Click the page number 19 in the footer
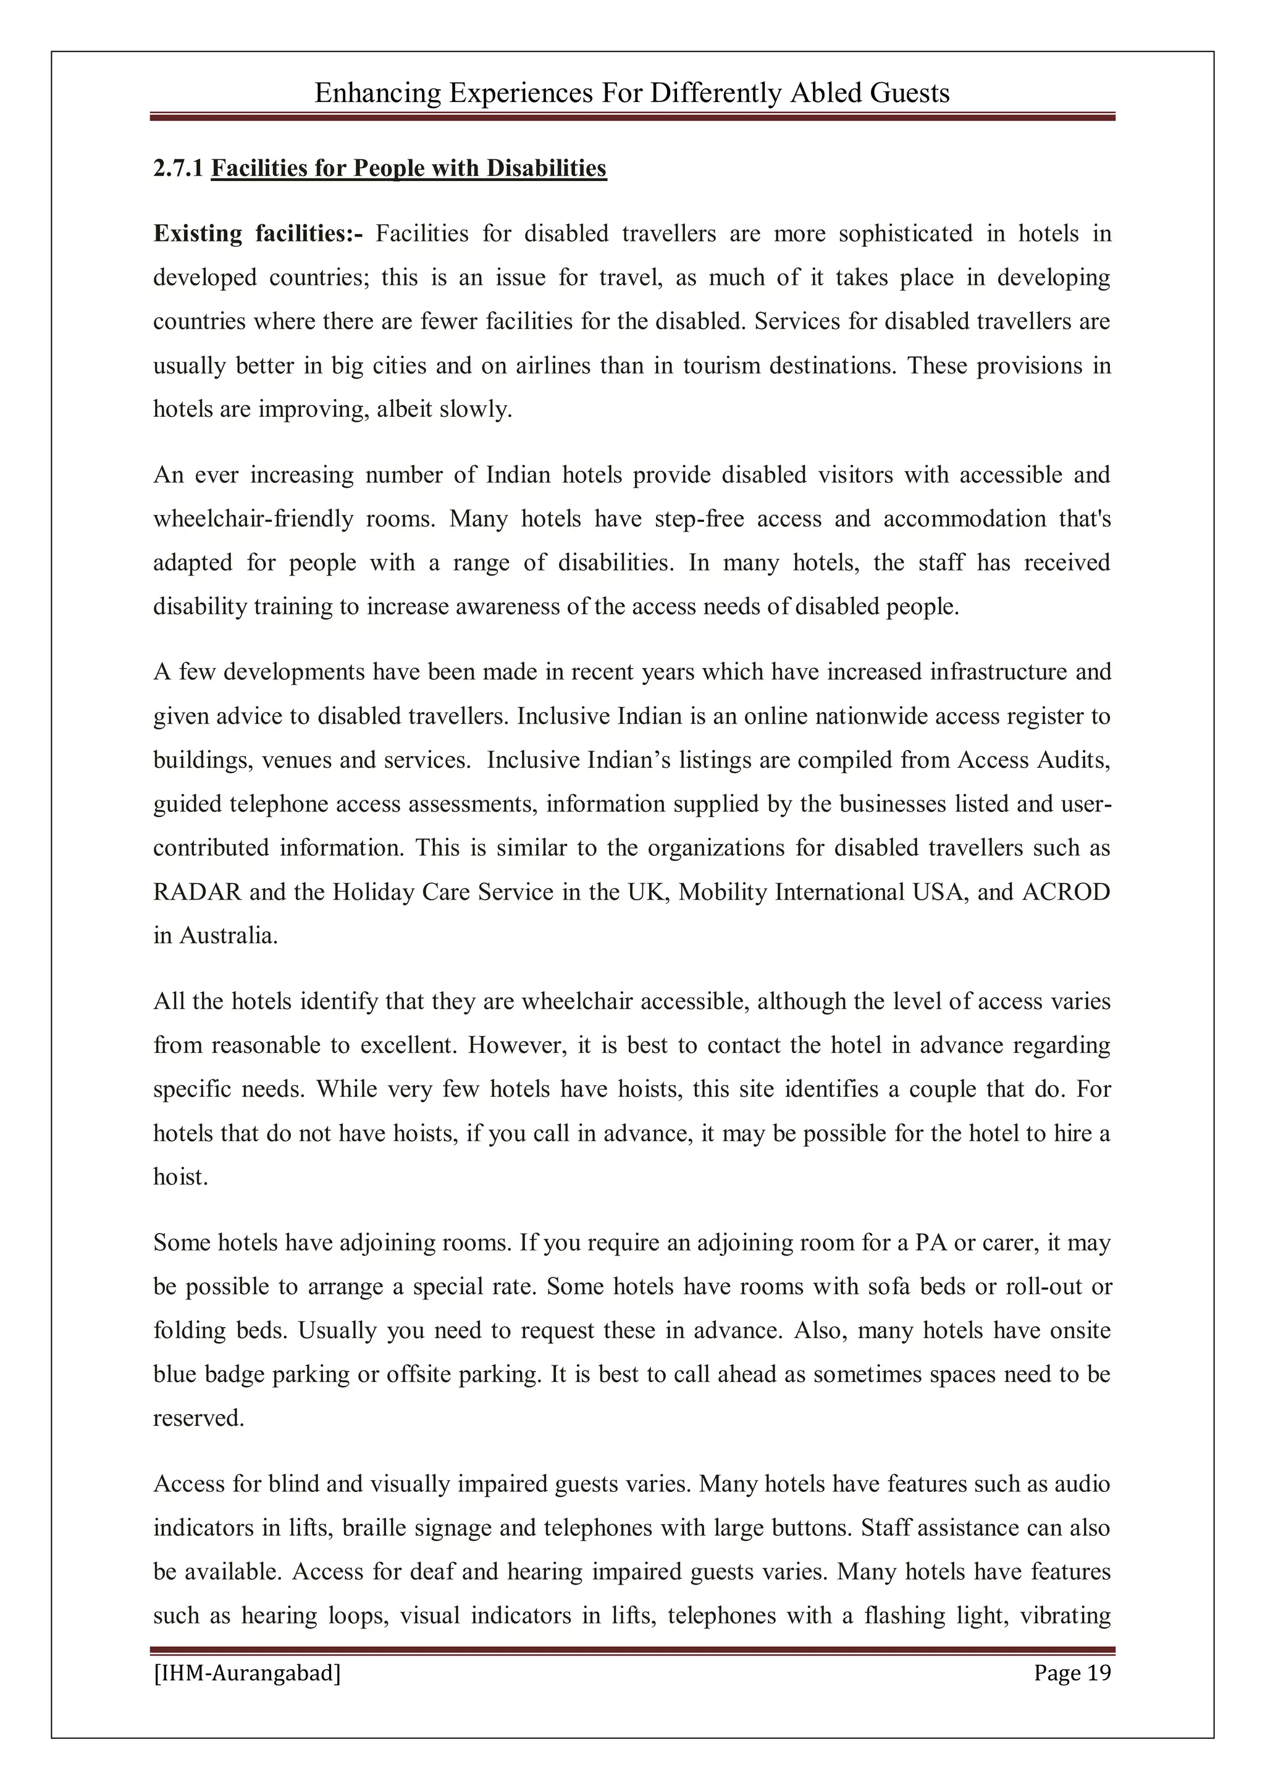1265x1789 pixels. (x=1098, y=1672)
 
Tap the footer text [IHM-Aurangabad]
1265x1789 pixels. (x=247, y=1673)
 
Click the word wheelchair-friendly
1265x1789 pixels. (x=253, y=519)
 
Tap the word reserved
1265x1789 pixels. (x=198, y=1418)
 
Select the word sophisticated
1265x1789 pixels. (x=905, y=234)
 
